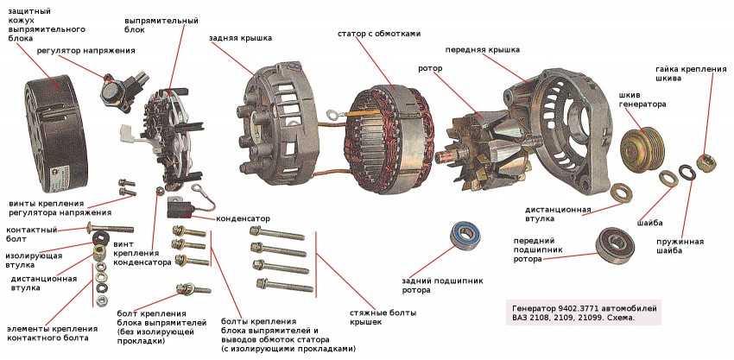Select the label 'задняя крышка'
(x=240, y=38)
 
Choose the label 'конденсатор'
(x=244, y=218)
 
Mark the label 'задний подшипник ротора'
(x=442, y=285)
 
